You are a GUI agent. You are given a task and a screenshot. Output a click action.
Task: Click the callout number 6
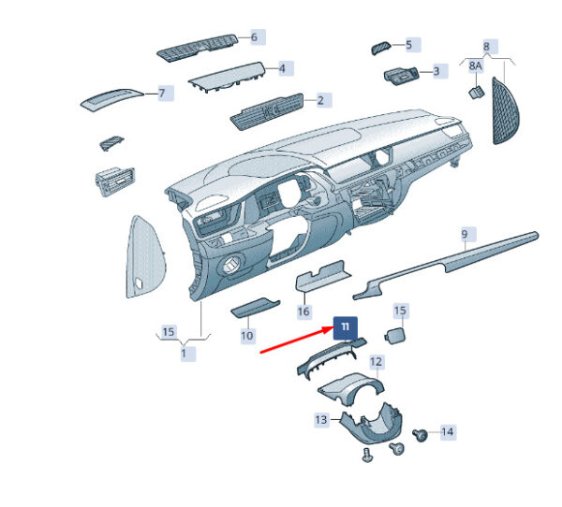click(x=254, y=37)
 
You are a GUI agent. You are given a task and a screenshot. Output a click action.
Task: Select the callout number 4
click(x=282, y=68)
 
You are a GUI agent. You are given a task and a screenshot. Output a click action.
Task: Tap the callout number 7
click(x=162, y=94)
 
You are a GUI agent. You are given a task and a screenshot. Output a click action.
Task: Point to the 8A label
click(x=475, y=65)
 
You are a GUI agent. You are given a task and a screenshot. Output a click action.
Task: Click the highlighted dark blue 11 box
click(x=346, y=327)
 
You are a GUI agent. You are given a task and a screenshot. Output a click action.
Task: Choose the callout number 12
click(x=376, y=362)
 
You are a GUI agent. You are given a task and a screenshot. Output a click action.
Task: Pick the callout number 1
click(x=184, y=354)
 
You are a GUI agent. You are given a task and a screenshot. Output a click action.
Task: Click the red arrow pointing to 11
click(x=296, y=340)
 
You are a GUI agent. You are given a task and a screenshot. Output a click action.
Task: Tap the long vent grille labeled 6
click(x=198, y=48)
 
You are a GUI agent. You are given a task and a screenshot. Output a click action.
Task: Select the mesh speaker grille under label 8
click(x=506, y=111)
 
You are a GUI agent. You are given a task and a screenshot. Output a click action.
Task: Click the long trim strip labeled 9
click(x=446, y=266)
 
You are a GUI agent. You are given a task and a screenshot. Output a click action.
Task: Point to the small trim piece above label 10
click(x=255, y=307)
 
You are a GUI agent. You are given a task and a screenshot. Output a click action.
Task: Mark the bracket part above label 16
click(x=322, y=276)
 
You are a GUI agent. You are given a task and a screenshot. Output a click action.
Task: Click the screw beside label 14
click(x=420, y=435)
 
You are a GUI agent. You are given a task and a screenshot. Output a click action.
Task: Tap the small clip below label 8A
click(x=477, y=93)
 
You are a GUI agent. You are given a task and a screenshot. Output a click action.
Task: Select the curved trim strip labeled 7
click(x=111, y=98)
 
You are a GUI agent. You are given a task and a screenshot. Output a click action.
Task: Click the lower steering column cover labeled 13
click(x=371, y=425)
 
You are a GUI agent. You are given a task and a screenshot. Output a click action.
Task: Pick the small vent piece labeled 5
click(x=380, y=48)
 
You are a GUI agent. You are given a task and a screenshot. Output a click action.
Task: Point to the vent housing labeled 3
click(x=401, y=76)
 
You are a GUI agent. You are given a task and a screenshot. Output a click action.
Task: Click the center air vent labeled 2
click(x=267, y=111)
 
